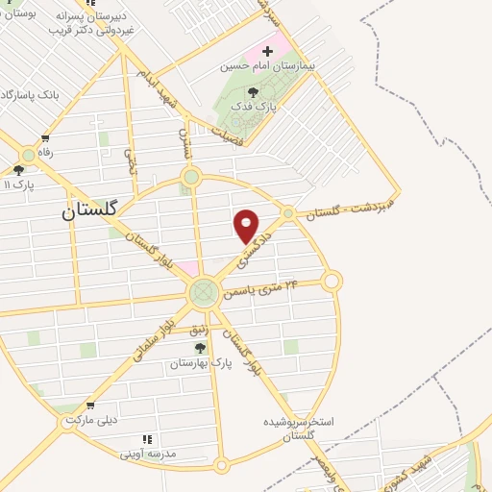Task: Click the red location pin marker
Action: [x=247, y=226]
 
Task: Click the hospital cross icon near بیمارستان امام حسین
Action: [x=268, y=49]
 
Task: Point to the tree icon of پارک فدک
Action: [x=253, y=92]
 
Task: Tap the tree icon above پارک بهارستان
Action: [x=200, y=348]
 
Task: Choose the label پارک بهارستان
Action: [x=201, y=363]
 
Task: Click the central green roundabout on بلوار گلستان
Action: [x=203, y=292]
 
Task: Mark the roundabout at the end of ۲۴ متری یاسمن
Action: [x=332, y=281]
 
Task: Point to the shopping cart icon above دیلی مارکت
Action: [x=90, y=406]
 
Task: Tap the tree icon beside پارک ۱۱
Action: [x=18, y=170]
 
